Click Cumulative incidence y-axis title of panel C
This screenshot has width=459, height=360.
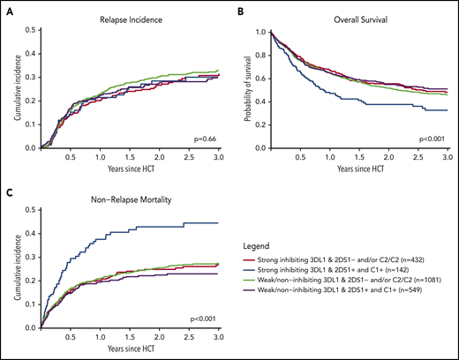tap(10, 266)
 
